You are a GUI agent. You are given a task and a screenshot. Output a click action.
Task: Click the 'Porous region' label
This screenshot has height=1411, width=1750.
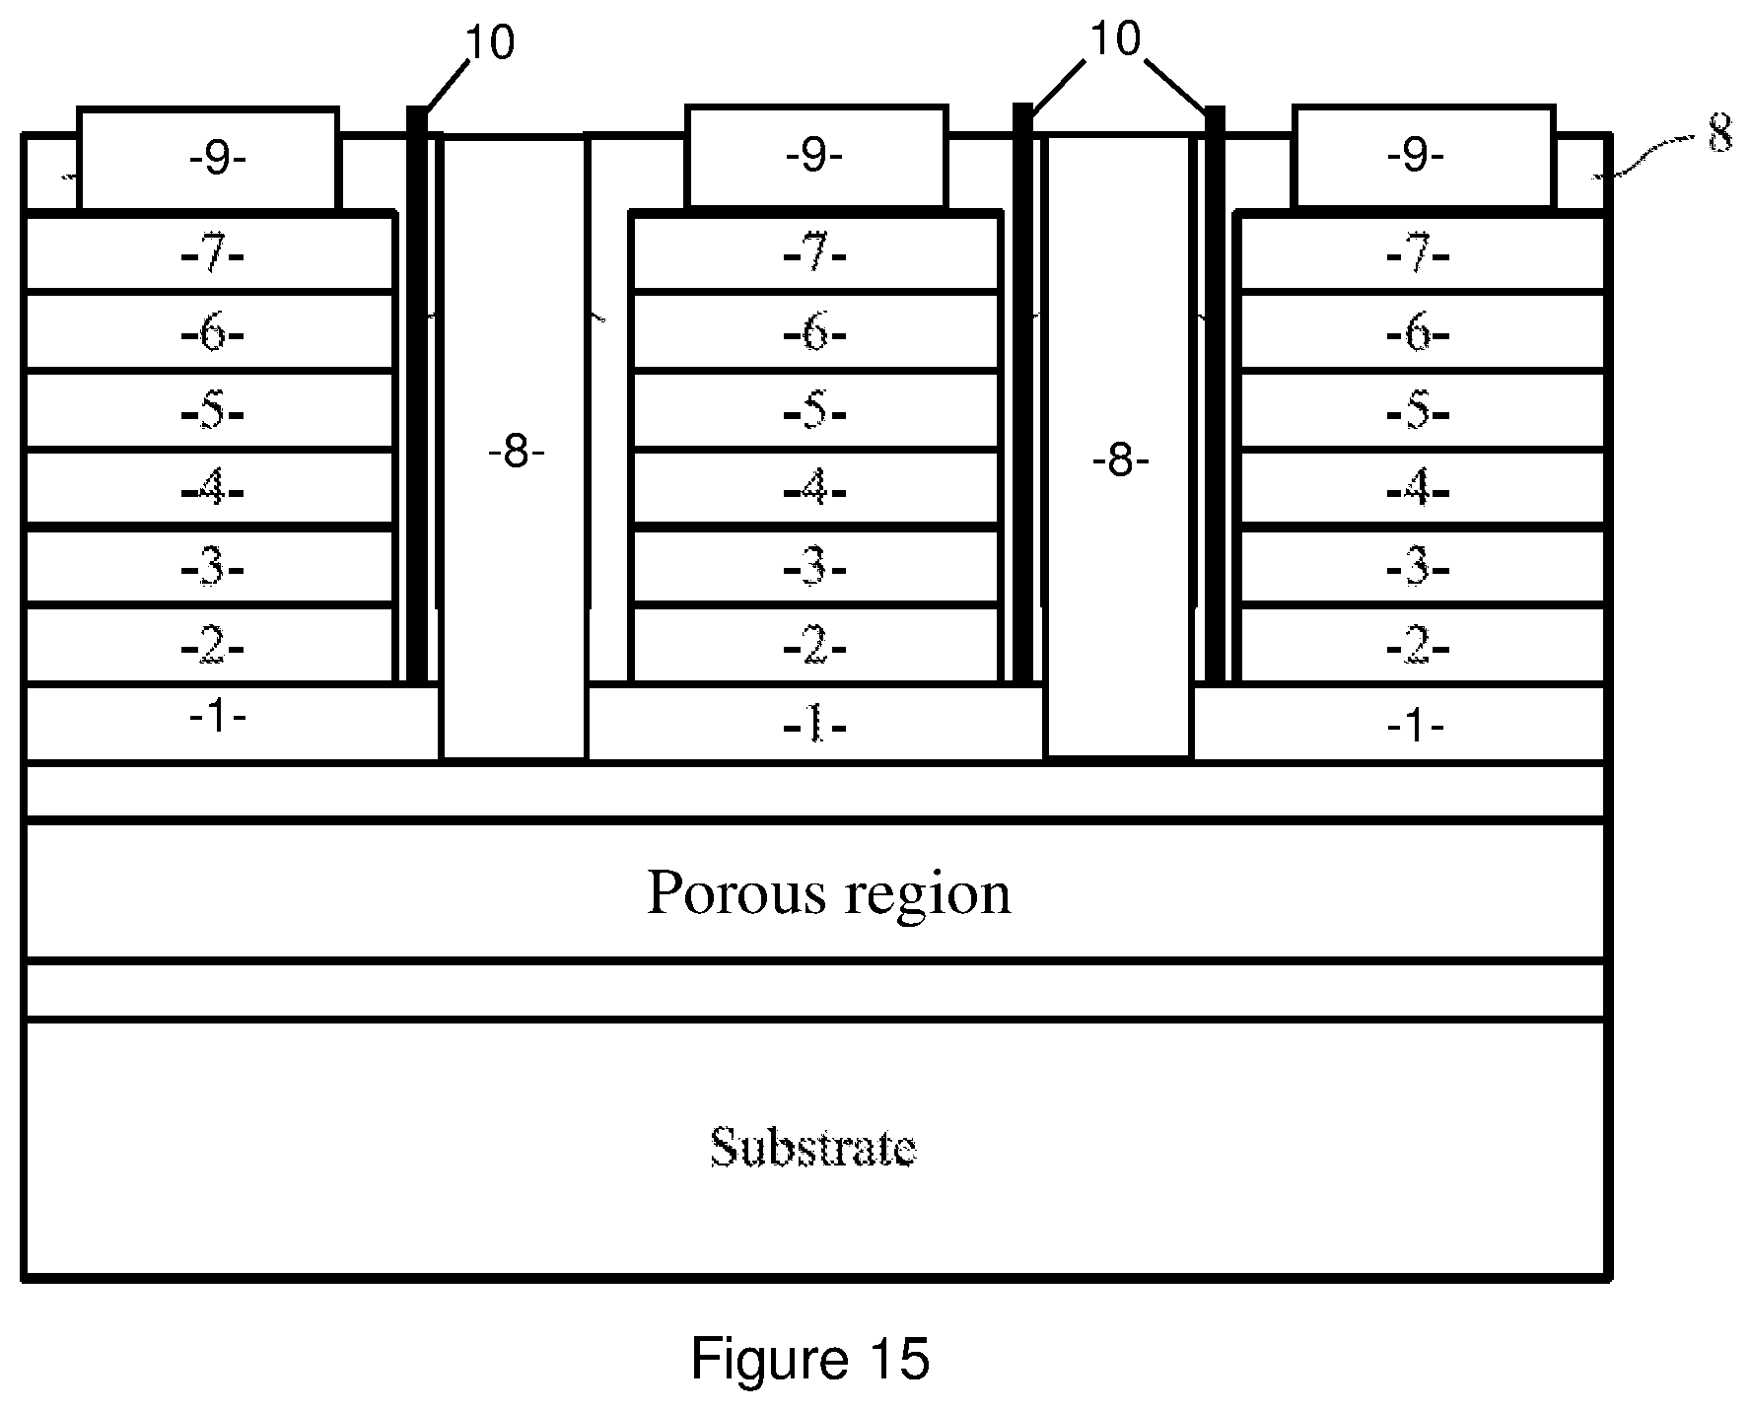pyautogui.click(x=828, y=892)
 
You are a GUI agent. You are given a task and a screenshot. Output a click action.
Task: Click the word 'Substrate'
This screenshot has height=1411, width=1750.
pyautogui.click(x=813, y=1147)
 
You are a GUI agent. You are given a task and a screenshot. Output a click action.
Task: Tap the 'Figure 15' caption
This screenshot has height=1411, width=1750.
pyautogui.click(x=809, y=1358)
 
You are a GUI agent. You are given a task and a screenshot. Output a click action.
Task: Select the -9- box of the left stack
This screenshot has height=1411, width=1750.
pyautogui.click(x=208, y=158)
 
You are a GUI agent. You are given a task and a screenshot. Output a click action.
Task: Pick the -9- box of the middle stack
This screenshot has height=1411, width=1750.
pyautogui.click(x=816, y=158)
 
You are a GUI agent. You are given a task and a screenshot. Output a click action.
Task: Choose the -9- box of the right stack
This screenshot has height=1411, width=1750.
pyautogui.click(x=1424, y=158)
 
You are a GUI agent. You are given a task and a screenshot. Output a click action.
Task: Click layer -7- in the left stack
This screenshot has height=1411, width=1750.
pyautogui.click(x=209, y=253)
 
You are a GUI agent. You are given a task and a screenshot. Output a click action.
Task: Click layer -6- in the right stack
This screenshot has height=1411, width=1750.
pyautogui.click(x=1422, y=332)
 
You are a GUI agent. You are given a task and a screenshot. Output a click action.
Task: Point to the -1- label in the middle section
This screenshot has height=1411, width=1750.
pyautogui.click(x=814, y=727)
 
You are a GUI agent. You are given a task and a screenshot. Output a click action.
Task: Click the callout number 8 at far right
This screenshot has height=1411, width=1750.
pyautogui.click(x=1720, y=133)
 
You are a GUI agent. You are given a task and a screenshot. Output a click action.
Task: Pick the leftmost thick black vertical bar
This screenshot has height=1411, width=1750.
pyautogui.click(x=418, y=394)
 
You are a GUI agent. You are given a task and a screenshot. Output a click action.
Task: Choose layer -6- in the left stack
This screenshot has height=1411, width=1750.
pyautogui.click(x=209, y=332)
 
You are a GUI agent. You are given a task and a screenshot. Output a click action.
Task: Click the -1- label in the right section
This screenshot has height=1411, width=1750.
pyautogui.click(x=1416, y=727)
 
